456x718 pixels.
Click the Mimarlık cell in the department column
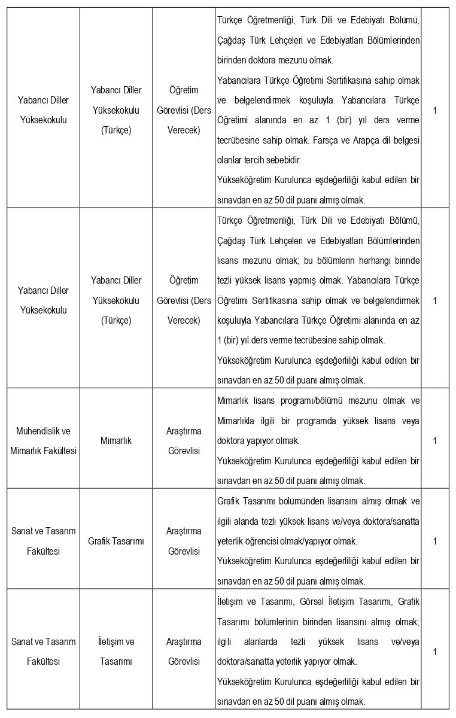coord(117,440)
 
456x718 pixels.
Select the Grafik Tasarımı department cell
coord(116,541)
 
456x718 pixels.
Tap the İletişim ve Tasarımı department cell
coord(116,652)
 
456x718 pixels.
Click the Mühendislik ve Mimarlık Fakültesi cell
coord(44,440)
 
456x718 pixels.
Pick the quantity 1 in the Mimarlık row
coord(435,440)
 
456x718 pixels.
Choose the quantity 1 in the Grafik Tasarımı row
coord(435,541)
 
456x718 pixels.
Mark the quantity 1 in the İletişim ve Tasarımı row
coord(435,652)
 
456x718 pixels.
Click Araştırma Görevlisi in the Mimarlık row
coord(184,440)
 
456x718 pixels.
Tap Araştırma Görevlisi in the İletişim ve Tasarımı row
coord(184,652)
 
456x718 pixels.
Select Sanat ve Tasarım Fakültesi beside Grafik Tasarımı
coord(44,541)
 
